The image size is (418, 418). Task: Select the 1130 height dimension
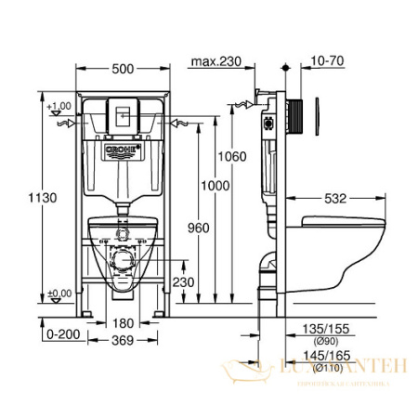[x=27, y=199]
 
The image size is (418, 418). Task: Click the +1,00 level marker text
[x=59, y=107]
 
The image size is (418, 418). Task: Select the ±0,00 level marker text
[x=59, y=294]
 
